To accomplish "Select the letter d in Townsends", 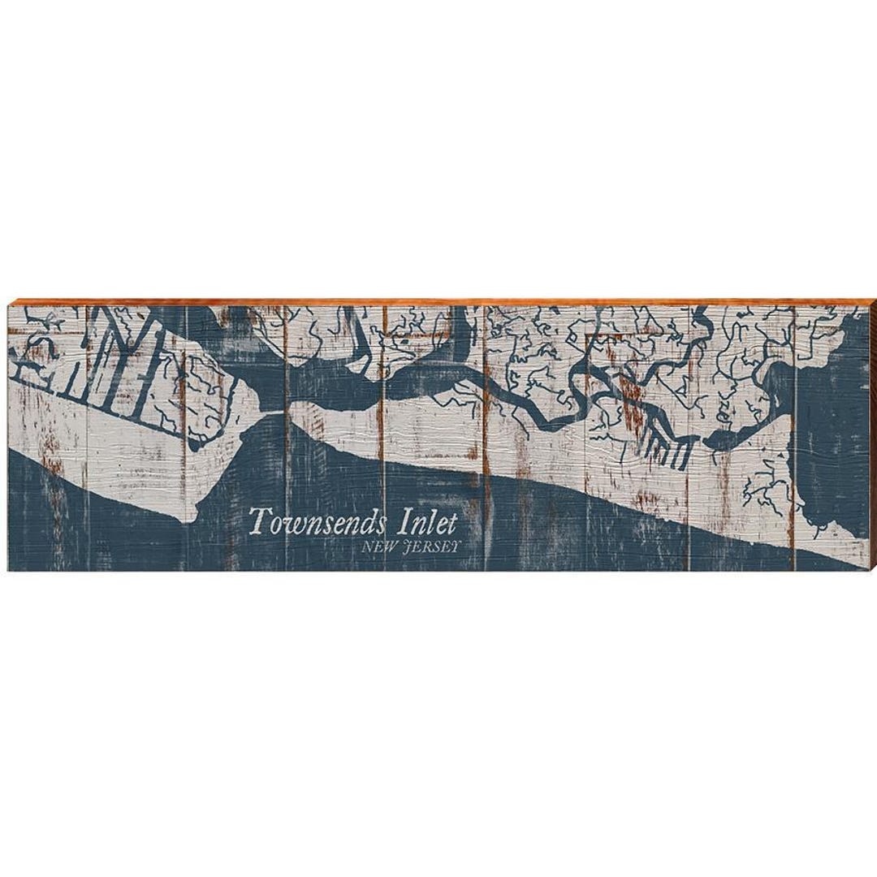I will click(x=362, y=521).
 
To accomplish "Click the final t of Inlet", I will click(x=451, y=521).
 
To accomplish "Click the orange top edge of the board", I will click(x=438, y=301).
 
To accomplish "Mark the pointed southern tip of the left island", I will click(x=192, y=517).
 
